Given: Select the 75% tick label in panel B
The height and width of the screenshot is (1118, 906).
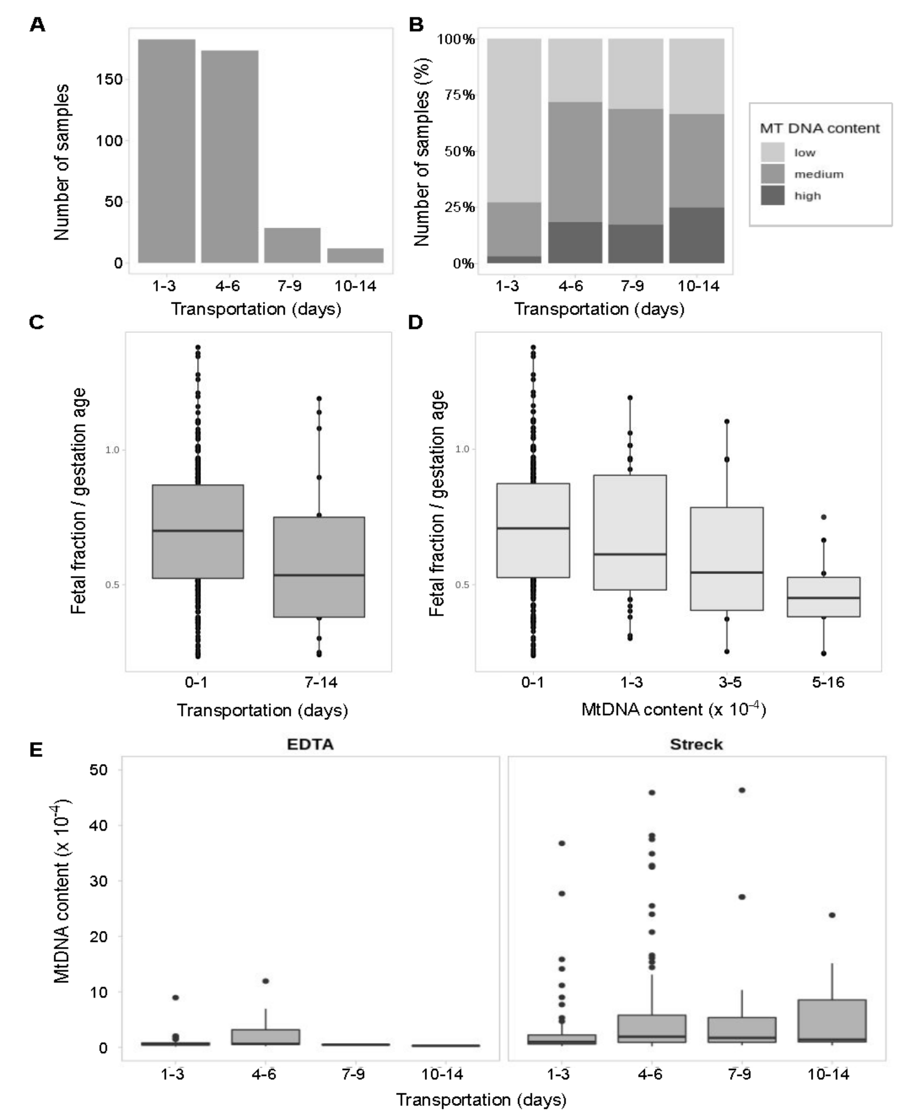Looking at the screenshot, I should click(459, 95).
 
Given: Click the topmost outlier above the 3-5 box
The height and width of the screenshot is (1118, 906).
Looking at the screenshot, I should click(726, 421).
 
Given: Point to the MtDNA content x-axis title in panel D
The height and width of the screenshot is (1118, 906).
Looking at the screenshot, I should click(673, 709).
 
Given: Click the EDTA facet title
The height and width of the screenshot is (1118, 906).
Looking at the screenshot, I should click(310, 744).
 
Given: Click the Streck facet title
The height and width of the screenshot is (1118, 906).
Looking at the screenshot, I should click(696, 744).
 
